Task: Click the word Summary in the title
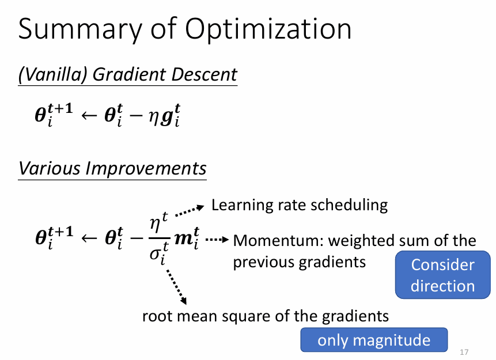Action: tap(80, 30)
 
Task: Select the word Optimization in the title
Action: tap(268, 29)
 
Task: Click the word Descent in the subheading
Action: tap(204, 74)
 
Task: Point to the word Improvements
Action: tap(146, 169)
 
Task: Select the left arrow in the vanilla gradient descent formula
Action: tap(89, 115)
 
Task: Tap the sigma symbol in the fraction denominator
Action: tap(155, 253)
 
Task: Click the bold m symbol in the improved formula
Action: tap(183, 238)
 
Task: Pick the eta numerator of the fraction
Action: tap(155, 225)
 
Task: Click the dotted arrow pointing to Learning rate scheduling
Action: tap(190, 211)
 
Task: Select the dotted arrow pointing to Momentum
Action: tap(217, 240)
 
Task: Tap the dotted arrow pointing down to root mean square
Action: tap(176, 287)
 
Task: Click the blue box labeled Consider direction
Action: tap(442, 275)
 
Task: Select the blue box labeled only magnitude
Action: tap(374, 340)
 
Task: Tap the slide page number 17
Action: tap(464, 352)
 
